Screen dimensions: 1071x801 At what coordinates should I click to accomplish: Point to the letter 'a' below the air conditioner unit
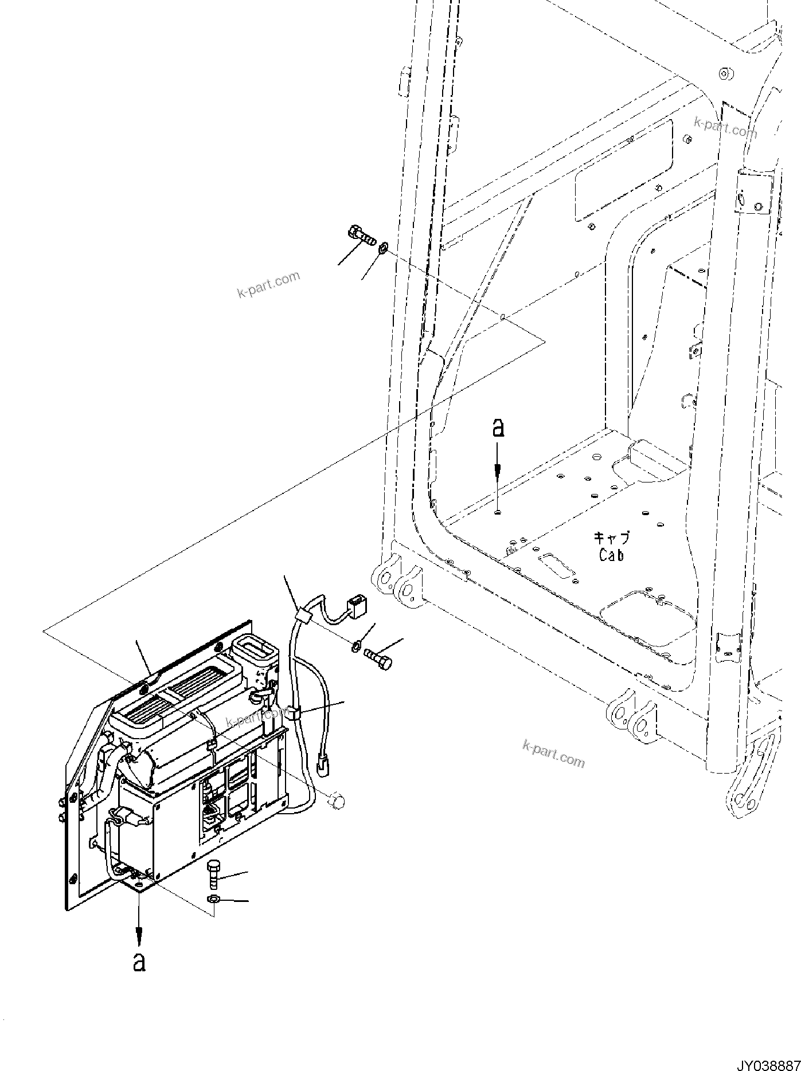click(x=139, y=962)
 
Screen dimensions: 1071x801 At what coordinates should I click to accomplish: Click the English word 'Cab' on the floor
click(x=611, y=555)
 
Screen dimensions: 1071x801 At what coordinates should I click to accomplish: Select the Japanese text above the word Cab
click(x=611, y=538)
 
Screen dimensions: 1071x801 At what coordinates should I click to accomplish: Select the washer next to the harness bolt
click(x=355, y=646)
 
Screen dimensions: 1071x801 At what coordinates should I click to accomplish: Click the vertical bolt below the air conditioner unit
click(x=213, y=876)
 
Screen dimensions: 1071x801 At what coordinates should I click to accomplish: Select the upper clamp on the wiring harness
click(x=301, y=618)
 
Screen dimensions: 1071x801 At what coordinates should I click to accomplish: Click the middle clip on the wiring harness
click(x=293, y=713)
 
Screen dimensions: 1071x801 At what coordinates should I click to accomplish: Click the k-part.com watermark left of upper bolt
click(x=268, y=285)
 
